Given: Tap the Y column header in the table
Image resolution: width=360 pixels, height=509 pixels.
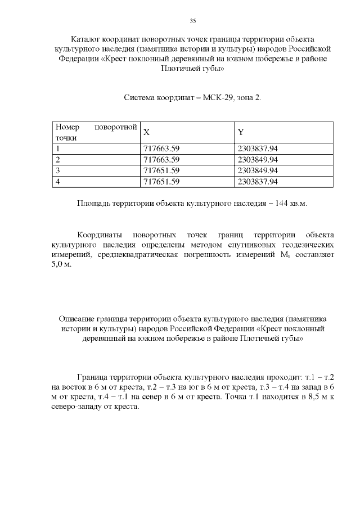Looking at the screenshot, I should point(241,132).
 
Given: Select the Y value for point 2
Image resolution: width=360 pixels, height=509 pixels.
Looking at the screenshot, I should point(258,160).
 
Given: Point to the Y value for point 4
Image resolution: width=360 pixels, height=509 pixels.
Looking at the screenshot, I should point(258,181).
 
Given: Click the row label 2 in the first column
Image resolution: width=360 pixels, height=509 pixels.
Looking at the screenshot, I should point(58,160).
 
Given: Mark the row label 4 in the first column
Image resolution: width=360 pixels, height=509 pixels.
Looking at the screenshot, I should point(58,181).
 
